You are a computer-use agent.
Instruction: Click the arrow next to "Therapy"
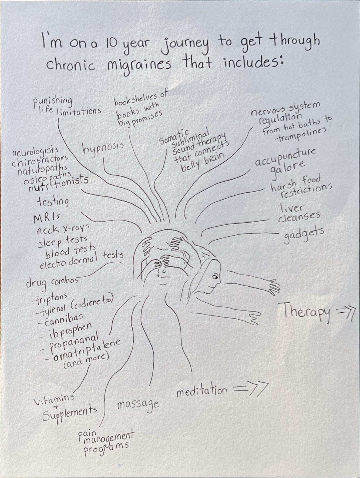pyautogui.click(x=345, y=314)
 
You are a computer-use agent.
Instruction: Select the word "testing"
pyautogui.click(x=53, y=201)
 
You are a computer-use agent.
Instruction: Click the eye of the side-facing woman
pyautogui.click(x=215, y=277)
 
